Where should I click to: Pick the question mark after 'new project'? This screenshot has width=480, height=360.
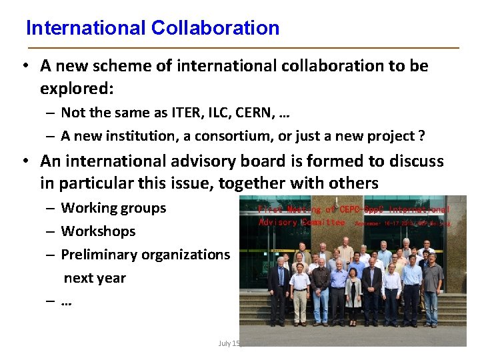(421, 136)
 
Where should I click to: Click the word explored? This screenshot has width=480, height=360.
(74, 88)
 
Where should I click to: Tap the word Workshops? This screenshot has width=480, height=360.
(98, 231)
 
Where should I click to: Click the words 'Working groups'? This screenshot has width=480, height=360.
(113, 208)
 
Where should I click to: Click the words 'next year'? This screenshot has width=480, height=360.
(95, 277)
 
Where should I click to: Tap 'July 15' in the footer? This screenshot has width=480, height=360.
(229, 343)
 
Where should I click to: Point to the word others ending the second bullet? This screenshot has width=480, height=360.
(355, 183)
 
